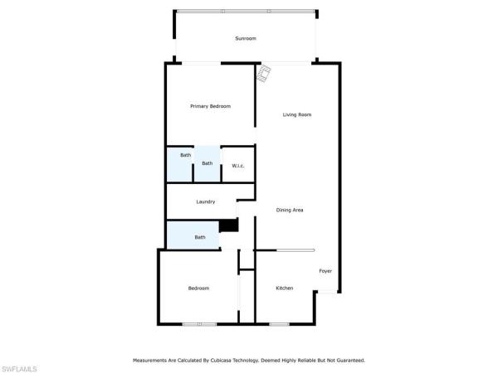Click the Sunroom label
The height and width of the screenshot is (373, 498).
point(246,38)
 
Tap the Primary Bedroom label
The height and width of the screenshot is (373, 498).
point(210,106)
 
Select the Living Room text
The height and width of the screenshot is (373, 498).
point(297,115)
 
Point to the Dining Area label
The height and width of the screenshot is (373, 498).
point(290,210)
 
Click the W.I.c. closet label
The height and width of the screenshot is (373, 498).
point(238,166)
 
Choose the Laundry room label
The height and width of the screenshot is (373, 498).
point(206,201)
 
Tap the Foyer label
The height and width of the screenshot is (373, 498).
point(325,271)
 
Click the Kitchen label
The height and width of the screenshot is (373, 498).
point(284,288)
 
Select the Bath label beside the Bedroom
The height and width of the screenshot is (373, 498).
point(200,237)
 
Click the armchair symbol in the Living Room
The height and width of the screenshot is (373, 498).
point(264,74)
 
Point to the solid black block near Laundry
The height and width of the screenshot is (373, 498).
point(229,225)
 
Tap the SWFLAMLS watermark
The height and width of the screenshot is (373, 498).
point(19,369)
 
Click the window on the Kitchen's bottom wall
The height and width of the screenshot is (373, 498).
point(279,324)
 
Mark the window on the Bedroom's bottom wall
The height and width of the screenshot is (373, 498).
point(199,324)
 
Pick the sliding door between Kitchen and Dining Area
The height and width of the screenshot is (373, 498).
point(295,250)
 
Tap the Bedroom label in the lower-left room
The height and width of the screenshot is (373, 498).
point(198,288)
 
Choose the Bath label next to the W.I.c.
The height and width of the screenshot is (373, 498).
point(207,163)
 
